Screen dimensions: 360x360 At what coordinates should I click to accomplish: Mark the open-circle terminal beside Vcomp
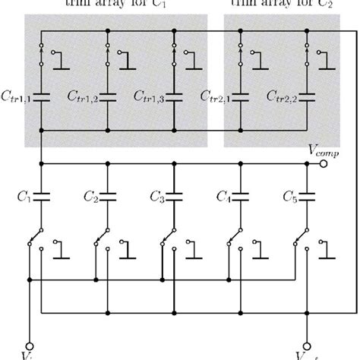[x=324, y=163]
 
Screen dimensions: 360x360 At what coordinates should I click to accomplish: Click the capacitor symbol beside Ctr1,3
[x=175, y=96]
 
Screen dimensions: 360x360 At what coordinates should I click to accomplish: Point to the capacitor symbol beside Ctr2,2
[x=307, y=96]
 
